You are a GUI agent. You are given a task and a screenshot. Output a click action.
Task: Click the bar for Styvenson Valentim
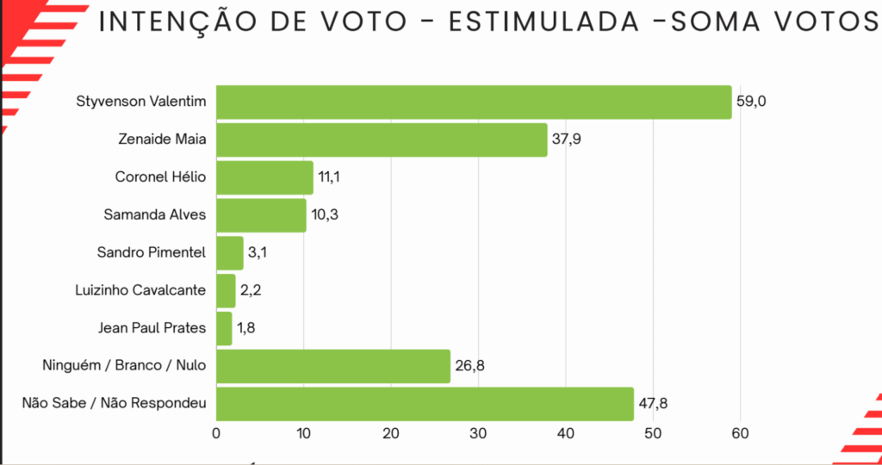click(474, 102)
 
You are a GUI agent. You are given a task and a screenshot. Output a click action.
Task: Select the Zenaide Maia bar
click(382, 139)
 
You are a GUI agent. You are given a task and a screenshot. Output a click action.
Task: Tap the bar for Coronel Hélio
click(264, 177)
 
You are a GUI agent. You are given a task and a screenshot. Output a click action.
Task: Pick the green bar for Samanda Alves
click(261, 214)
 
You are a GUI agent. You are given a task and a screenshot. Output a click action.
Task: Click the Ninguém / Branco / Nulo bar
click(333, 367)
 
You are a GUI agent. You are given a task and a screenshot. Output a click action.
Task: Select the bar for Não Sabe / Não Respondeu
click(425, 404)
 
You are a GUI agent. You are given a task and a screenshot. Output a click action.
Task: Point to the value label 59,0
click(751, 102)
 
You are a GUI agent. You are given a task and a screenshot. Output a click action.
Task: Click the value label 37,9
click(567, 139)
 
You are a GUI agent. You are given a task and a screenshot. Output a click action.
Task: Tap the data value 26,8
click(469, 367)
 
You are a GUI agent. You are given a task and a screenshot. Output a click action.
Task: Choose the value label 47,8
click(654, 404)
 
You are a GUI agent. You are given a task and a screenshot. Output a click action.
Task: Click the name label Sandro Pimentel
click(152, 252)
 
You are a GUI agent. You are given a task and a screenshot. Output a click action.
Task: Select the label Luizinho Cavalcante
click(141, 290)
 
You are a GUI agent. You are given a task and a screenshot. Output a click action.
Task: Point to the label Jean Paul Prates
click(152, 328)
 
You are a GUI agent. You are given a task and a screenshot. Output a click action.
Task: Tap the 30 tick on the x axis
click(478, 434)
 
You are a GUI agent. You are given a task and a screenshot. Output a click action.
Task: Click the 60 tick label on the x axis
click(740, 434)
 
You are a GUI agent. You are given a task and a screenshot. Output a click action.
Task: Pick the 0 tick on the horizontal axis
click(216, 434)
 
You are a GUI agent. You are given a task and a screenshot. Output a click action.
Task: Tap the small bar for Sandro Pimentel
click(230, 252)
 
